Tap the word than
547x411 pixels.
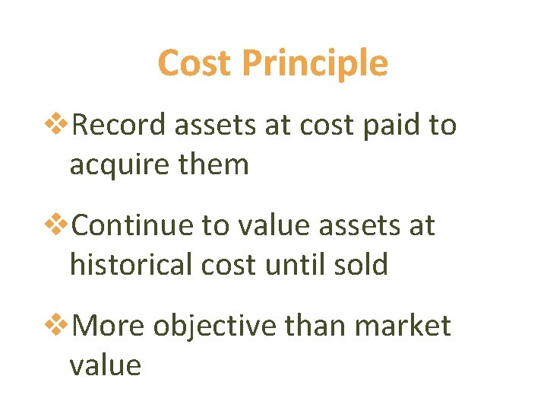[x=309, y=326]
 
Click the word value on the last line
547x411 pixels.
[x=105, y=365]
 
